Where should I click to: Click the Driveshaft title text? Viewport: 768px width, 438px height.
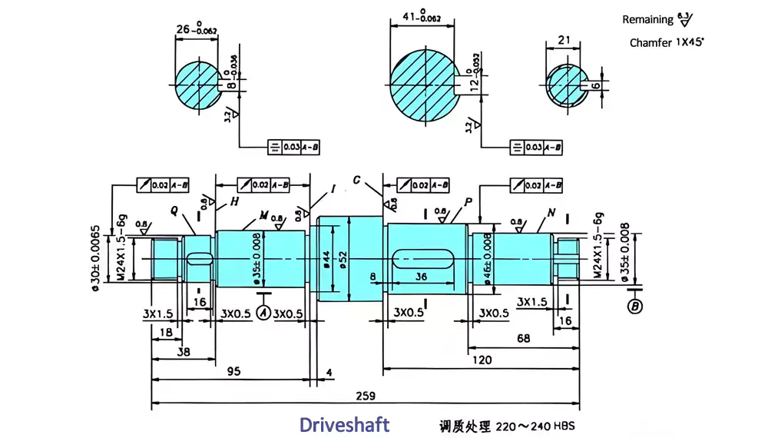(x=344, y=424)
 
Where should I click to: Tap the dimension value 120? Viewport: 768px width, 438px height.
(x=482, y=359)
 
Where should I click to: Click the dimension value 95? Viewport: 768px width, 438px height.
(x=233, y=371)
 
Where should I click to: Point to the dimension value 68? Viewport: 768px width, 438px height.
(x=523, y=338)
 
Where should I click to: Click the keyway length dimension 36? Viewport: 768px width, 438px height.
(x=421, y=277)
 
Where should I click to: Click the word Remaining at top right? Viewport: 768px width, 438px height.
(x=647, y=19)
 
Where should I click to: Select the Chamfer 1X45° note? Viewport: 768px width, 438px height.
(x=666, y=43)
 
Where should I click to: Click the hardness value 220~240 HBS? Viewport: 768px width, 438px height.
(x=535, y=426)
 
